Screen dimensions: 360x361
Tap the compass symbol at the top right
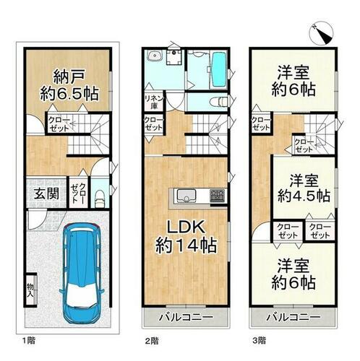coord(322,34)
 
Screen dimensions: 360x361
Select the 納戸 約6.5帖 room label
coord(69,85)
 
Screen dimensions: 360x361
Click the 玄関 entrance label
coord(46,193)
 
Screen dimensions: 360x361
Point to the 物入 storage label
coord(30,290)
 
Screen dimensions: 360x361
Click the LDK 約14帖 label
coord(186,237)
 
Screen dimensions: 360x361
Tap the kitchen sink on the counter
coord(187,196)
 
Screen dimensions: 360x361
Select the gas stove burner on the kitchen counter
coord(218,196)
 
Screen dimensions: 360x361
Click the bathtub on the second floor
coord(219,70)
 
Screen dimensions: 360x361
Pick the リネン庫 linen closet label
coord(154,102)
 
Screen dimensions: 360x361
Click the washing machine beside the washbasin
coord(173,57)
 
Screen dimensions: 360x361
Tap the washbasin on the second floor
coord(155,56)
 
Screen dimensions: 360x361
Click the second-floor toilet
coord(218,102)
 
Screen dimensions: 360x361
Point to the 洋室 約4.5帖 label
coord(304,188)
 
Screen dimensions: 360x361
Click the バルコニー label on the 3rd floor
coord(293,317)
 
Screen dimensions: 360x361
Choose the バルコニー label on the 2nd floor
coord(186,317)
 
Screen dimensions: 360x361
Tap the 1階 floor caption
coord(29,340)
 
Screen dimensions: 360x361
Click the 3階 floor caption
coord(260,341)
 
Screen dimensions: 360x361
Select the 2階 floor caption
coord(152,341)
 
